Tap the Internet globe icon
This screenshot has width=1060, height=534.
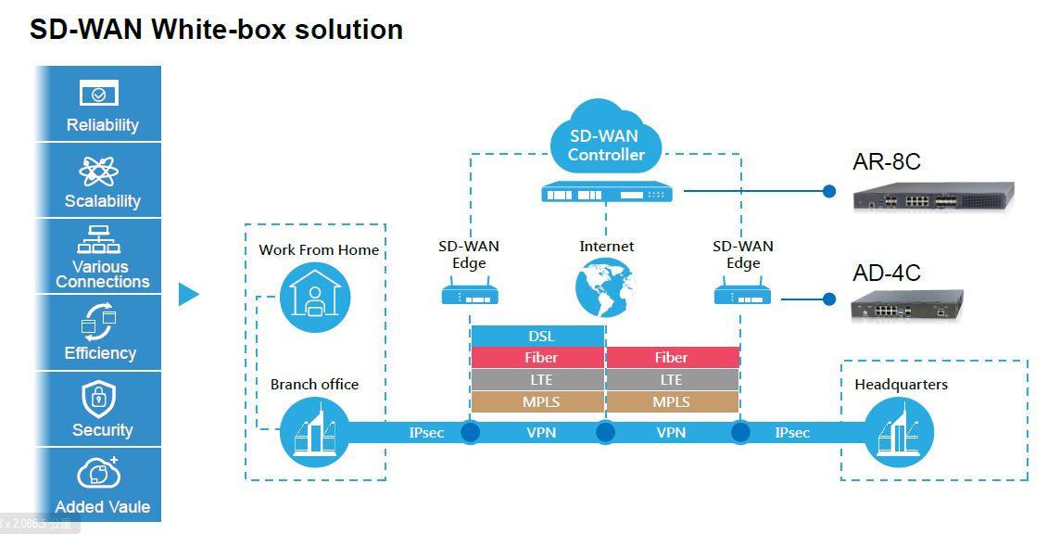605,287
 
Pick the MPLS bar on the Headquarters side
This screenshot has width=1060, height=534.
672,402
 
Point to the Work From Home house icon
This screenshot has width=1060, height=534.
315,295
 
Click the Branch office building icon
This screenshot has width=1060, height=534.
315,430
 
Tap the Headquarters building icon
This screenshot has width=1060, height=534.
899,433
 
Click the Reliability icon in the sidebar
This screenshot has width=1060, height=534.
99,94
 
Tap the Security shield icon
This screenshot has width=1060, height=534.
99,400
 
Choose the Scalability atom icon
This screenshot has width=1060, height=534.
99,172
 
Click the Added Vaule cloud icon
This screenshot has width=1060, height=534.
99,474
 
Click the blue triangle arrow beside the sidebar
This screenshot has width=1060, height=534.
188,295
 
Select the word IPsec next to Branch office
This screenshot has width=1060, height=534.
427,433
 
